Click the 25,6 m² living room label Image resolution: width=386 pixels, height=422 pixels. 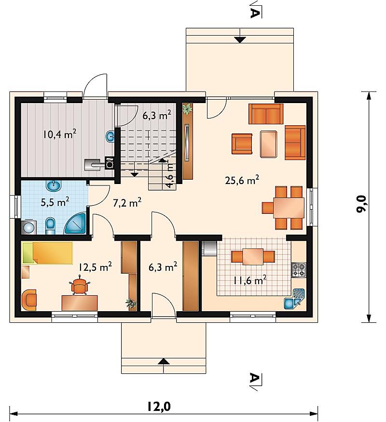[242, 180]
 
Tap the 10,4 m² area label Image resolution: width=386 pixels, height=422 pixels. [59, 134]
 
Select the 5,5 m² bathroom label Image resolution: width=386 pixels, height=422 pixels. [55, 202]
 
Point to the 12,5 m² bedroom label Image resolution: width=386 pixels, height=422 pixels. [95, 267]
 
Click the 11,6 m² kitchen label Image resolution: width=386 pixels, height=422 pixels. [249, 280]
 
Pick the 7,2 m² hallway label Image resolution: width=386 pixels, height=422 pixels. [127, 203]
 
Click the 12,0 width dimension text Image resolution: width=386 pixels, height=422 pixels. [159, 407]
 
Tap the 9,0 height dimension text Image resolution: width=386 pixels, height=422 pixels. [361, 204]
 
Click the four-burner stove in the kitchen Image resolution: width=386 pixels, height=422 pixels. [299, 270]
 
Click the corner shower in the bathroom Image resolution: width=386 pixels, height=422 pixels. [75, 224]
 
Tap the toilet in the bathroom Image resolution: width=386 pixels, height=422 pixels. [50, 225]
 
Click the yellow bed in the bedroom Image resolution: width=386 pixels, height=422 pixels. [48, 253]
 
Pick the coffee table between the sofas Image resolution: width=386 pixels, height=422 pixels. [268, 144]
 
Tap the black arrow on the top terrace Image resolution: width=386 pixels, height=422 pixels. [240, 40]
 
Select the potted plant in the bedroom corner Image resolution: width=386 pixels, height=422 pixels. [131, 303]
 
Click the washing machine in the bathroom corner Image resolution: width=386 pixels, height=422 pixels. [29, 227]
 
